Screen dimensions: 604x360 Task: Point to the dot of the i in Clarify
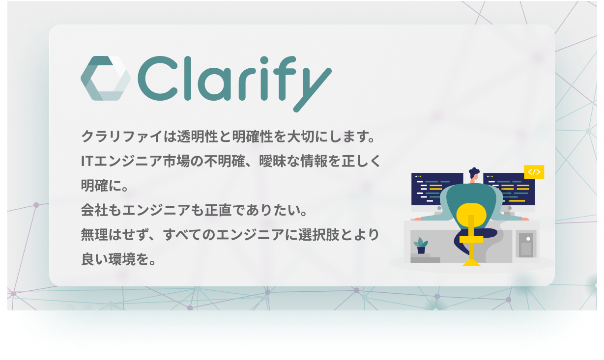click(264, 60)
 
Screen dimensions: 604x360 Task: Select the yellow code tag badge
click(534, 172)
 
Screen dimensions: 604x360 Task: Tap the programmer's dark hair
click(474, 172)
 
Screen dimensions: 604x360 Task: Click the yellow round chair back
click(471, 215)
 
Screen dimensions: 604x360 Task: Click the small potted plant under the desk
click(421, 246)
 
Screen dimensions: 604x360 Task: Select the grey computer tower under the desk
click(526, 244)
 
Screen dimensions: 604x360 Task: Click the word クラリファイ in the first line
click(122, 137)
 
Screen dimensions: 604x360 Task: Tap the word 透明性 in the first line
click(198, 137)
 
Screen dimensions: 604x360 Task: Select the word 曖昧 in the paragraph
click(273, 161)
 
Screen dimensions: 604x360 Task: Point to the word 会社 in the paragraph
click(95, 210)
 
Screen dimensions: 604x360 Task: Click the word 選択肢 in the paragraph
click(319, 235)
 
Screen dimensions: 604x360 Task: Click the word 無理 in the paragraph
click(95, 235)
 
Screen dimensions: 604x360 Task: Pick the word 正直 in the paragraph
click(218, 210)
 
